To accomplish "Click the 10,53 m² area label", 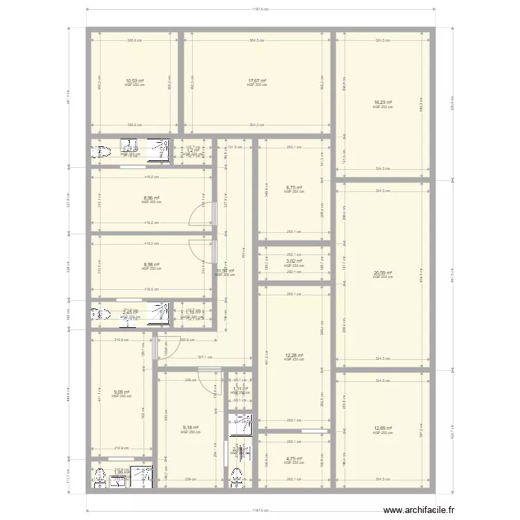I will (135, 81).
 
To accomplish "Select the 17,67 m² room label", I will (257, 81).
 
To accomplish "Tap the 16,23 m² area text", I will (383, 103).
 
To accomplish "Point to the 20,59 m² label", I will (383, 273).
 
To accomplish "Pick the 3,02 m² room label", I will (294, 262).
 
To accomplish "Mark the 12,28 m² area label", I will (294, 356).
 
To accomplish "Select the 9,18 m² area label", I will (190, 428).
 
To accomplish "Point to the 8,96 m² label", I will (151, 198).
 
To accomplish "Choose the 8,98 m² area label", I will (151, 265).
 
